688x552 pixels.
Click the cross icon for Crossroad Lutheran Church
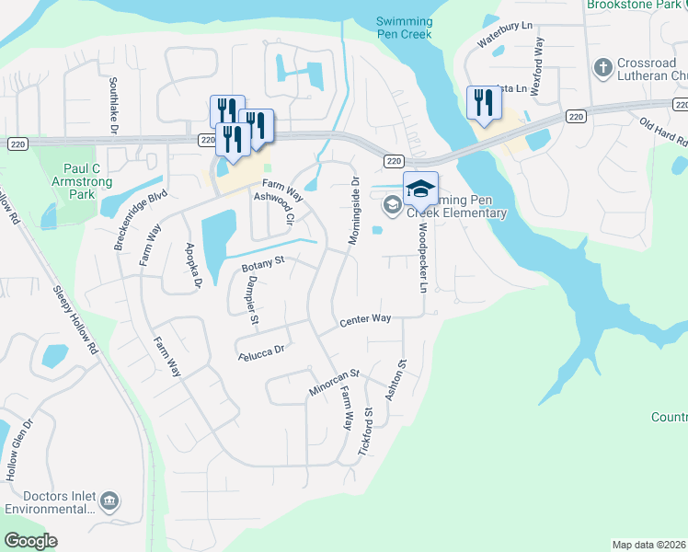[x=603, y=67]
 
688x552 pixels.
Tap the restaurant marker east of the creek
[x=482, y=102]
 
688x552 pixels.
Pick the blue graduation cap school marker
[x=420, y=188]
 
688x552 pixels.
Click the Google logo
[x=30, y=541]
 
